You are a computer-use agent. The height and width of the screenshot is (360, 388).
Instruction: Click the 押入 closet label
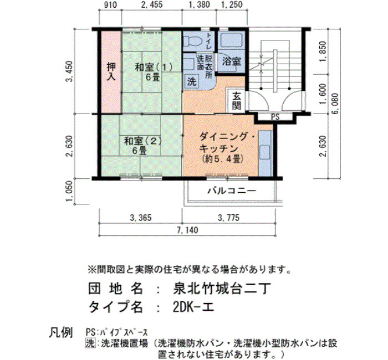point(111,71)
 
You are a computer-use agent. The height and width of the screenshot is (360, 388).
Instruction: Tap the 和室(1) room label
point(154,67)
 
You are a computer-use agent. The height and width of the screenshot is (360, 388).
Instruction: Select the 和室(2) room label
point(143,141)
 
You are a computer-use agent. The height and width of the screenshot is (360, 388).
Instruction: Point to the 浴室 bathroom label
point(231,61)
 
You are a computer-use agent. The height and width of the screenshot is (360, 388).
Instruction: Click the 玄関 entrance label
point(237,101)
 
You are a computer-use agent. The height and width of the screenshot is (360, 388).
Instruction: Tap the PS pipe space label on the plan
point(275,117)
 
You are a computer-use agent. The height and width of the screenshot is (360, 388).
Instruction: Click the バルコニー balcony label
point(232,191)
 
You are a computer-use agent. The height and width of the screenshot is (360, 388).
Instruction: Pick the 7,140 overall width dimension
point(187,230)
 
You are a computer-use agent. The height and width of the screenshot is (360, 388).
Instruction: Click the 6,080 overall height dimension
point(335,104)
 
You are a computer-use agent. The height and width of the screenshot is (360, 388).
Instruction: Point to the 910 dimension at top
point(110,4)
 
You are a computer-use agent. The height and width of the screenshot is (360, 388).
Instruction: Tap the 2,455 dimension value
point(152,4)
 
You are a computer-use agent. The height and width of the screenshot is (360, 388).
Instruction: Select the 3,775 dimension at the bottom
point(228,218)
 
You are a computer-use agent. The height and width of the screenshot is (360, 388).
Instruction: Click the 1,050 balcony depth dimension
point(70,191)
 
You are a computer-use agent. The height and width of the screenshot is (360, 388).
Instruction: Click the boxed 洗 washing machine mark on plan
point(192,81)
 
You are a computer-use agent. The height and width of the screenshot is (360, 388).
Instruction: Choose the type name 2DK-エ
point(193,307)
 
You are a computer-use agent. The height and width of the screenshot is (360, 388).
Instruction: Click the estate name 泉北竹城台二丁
point(222,289)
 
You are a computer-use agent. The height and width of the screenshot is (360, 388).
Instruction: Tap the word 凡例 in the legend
point(61,332)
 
